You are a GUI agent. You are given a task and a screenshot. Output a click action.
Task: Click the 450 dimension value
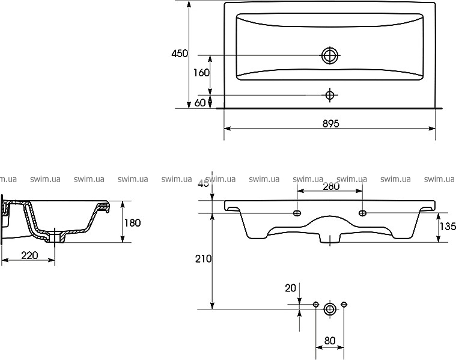coord(180,54)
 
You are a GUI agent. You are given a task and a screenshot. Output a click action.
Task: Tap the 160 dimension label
coord(201,73)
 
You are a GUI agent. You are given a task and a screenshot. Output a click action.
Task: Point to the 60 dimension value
coord(200,103)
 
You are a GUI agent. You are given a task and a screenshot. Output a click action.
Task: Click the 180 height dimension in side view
coord(132,223)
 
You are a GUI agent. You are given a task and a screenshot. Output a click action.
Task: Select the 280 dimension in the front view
coord(331,186)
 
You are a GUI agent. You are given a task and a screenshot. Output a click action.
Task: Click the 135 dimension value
coord(448,227)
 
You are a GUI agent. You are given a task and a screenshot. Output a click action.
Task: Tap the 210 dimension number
coord(204,259)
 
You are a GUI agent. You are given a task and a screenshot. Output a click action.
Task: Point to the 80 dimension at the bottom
coord(330,341)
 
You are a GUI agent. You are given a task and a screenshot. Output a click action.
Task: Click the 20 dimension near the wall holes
coord(291,288)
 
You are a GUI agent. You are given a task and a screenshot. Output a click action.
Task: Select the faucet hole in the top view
coord(329,94)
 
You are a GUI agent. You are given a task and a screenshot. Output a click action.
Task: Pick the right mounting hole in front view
coord(363,213)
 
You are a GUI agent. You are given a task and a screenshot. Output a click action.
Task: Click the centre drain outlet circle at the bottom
coord(330,309)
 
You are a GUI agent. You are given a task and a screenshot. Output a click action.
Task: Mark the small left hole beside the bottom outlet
coord(316,305)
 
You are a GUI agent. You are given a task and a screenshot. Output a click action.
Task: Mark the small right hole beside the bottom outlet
coord(344,305)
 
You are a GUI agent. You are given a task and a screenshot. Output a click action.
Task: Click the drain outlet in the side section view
coord(60,237)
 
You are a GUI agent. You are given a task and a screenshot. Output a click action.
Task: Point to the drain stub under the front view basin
coord(330,240)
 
